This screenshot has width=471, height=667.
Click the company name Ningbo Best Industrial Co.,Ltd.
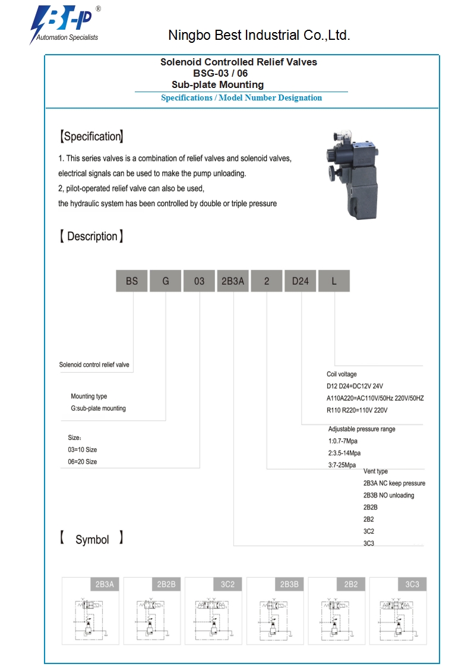coord(259,36)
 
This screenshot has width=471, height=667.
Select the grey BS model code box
coord(131,281)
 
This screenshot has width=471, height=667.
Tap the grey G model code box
coord(166,281)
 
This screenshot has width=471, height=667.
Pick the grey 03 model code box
coord(199,281)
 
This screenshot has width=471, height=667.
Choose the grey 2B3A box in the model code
coord(233,281)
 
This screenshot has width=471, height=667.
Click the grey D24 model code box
coord(300,281)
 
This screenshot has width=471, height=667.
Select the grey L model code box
coord(334,281)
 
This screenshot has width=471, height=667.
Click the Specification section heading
coord(91,137)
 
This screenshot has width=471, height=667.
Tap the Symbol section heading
coord(91,540)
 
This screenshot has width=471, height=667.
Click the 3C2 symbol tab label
coord(227,584)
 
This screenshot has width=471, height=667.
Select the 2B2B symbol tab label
coord(166,584)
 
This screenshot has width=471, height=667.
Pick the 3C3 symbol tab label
coord(412,584)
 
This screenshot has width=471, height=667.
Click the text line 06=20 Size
coord(83,462)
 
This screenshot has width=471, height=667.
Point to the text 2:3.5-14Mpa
coord(344,453)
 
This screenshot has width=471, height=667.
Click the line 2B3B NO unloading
coord(388,495)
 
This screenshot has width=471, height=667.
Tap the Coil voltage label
coord(342,375)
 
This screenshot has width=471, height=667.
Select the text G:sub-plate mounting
coord(98,408)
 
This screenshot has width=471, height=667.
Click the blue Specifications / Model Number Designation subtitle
coord(241,98)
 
